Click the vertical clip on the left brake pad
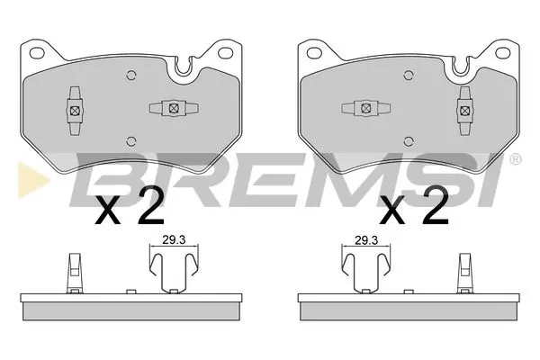point(72,109)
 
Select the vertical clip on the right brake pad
point(465,109)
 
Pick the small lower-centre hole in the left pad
point(132,139)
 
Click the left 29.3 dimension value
point(173,240)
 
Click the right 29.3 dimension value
point(364,240)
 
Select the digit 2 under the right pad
point(434,209)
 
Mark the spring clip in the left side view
point(172,271)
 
